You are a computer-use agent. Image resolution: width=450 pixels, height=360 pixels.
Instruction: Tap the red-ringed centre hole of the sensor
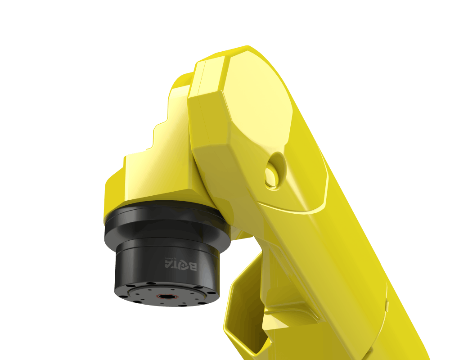pyautogui.click(x=167, y=297)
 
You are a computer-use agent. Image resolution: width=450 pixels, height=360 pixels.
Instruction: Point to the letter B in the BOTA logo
pyautogui.click(x=193, y=266)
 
